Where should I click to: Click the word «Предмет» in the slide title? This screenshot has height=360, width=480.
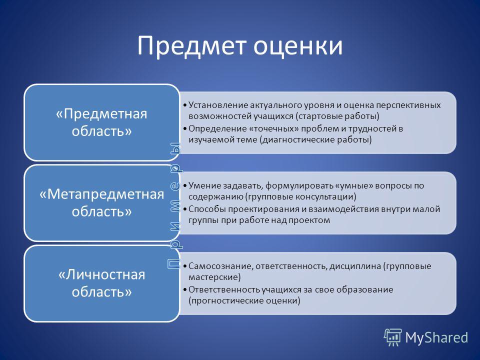tap(191, 46)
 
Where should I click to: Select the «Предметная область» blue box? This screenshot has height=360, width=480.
tap(101, 122)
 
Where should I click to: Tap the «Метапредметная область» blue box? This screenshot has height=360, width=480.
tap(101, 202)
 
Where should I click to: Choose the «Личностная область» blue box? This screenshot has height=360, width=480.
tap(101, 283)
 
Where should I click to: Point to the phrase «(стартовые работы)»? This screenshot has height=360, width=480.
tap(337, 116)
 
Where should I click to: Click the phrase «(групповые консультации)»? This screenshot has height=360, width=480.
tap(301, 197)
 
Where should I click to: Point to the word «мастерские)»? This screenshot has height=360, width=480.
tap(214, 277)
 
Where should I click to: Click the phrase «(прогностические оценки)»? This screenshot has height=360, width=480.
tap(244, 300)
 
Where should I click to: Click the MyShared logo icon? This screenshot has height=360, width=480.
tap(393, 337)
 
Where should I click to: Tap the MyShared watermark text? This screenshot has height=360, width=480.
tap(436, 337)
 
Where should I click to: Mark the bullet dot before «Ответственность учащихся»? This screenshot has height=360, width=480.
tap(184, 290)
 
